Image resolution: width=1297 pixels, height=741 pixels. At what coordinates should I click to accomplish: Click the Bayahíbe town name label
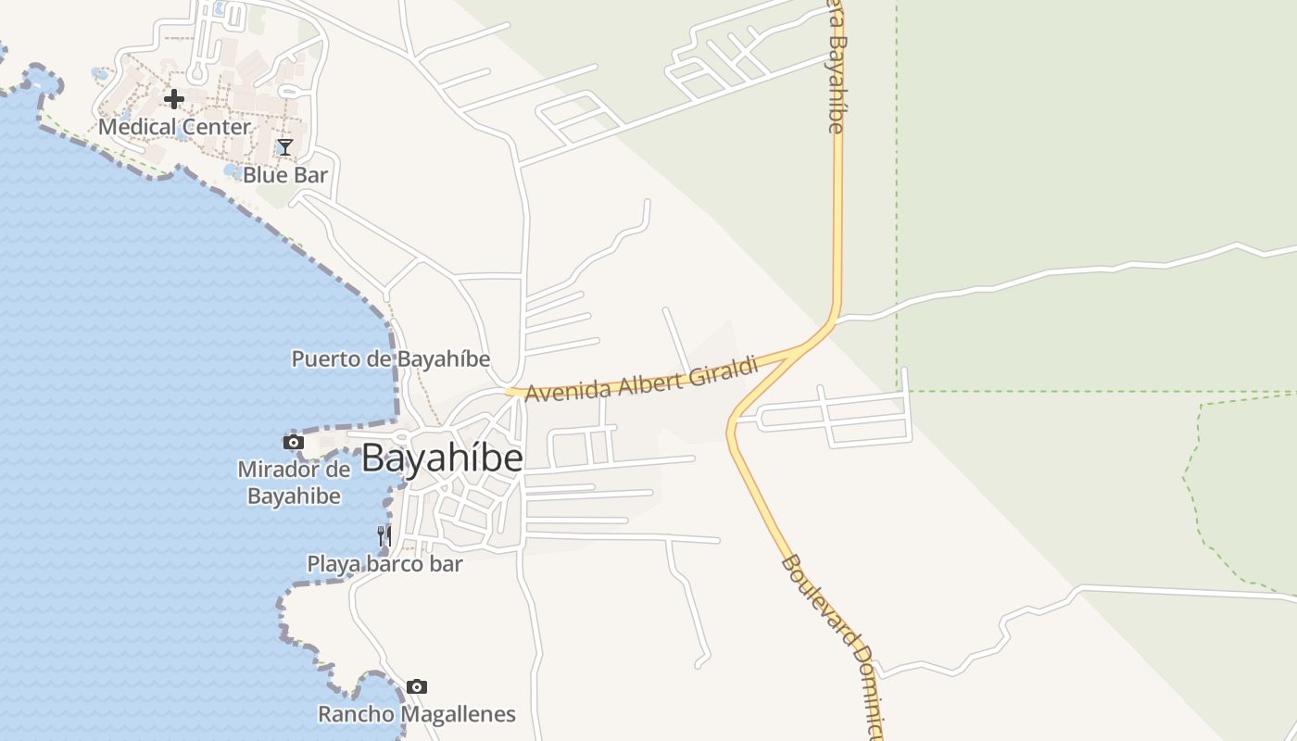pyautogui.click(x=442, y=458)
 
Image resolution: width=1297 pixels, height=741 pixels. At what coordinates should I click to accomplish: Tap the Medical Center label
pyautogui.click(x=174, y=127)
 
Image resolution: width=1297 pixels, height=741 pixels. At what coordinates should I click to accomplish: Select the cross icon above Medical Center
pyautogui.click(x=174, y=99)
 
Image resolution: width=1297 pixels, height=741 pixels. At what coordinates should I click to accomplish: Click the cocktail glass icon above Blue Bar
pyautogui.click(x=285, y=147)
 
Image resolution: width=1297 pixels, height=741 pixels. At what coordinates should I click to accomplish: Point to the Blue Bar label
pyautogui.click(x=285, y=174)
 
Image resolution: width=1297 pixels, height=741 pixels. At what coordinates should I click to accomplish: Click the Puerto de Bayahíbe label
pyautogui.click(x=390, y=359)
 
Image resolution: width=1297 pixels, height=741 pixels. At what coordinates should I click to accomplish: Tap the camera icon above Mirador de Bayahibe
pyautogui.click(x=294, y=443)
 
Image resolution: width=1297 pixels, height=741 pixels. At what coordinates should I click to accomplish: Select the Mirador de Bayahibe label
pyautogui.click(x=294, y=483)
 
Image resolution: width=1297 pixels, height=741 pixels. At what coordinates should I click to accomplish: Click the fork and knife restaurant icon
pyautogui.click(x=384, y=535)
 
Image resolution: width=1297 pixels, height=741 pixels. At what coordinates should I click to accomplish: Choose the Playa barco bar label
pyautogui.click(x=384, y=563)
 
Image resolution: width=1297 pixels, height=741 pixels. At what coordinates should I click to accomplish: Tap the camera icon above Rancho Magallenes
pyautogui.click(x=417, y=686)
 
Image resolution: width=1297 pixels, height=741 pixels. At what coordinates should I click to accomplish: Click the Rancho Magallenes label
pyautogui.click(x=417, y=714)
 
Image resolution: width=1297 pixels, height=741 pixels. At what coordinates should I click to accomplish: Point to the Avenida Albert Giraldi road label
pyautogui.click(x=641, y=379)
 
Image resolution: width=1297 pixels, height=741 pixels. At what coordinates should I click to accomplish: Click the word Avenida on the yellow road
pyautogui.click(x=559, y=390)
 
